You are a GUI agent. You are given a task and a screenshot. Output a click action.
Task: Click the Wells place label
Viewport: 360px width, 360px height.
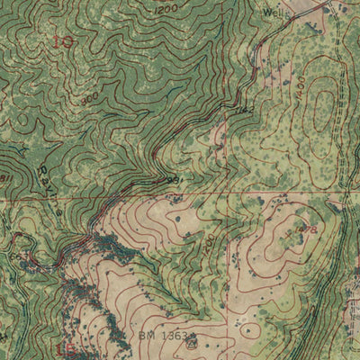(x=275, y=13)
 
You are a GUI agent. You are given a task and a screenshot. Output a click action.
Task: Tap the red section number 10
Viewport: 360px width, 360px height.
(x=63, y=41)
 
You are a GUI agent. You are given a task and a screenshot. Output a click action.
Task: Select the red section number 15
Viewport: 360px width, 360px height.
(x=64, y=348)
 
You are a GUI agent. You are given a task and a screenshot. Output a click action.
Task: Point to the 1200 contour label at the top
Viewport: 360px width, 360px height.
(x=165, y=10)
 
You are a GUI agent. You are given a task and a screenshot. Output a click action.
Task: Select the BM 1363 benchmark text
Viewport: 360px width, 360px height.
(x=162, y=337)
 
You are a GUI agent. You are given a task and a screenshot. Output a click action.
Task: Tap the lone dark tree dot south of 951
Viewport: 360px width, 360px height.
(x=176, y=217)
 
